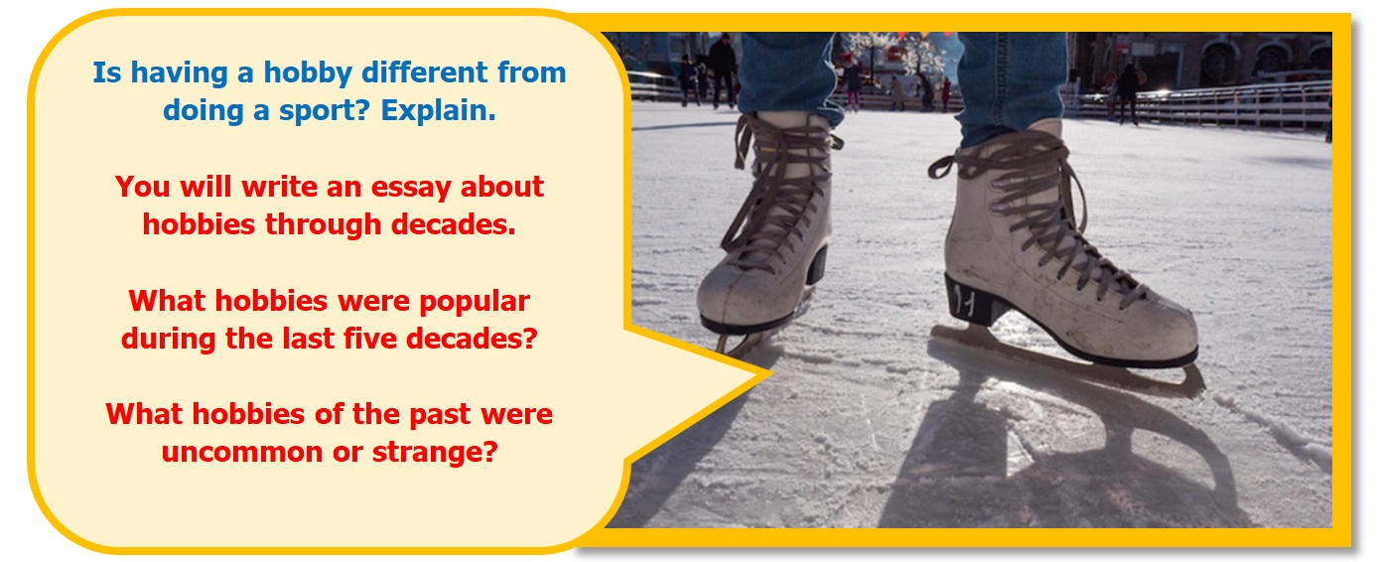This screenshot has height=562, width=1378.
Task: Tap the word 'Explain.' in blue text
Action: (x=438, y=111)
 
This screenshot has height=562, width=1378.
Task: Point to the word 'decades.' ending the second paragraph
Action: (x=453, y=224)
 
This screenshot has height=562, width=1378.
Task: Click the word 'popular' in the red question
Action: (x=475, y=302)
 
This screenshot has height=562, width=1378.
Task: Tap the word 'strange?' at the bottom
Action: (x=435, y=452)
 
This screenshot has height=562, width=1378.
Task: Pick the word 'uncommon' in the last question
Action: (x=242, y=453)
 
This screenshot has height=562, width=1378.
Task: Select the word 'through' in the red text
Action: (x=323, y=224)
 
